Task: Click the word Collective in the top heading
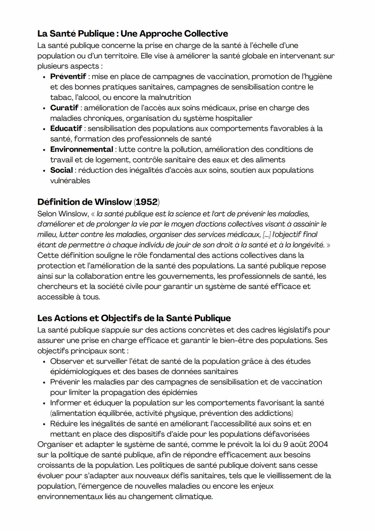(x=206, y=34)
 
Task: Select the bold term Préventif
(x=68, y=77)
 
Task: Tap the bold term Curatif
(x=64, y=108)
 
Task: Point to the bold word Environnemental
(x=82, y=150)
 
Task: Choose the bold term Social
(x=61, y=170)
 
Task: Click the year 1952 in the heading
(x=147, y=202)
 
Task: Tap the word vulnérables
(x=70, y=181)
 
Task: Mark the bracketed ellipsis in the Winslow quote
(x=266, y=235)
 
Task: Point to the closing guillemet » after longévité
(x=328, y=245)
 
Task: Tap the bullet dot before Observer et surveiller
(x=44, y=362)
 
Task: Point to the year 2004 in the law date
(x=318, y=444)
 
